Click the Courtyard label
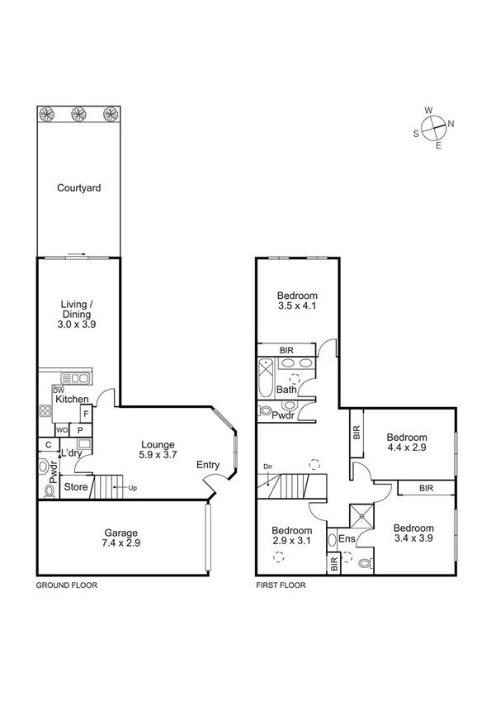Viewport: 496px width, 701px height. (78, 188)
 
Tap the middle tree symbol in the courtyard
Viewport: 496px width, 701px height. (78, 114)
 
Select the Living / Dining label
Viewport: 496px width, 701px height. (77, 315)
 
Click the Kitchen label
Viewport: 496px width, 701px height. (72, 400)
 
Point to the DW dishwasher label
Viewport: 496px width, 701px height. (59, 390)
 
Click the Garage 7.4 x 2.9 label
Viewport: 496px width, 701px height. (120, 538)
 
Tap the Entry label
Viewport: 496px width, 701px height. (208, 465)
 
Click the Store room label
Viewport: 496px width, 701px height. (76, 487)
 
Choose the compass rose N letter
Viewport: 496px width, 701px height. (451, 125)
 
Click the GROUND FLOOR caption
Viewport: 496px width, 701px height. (66, 585)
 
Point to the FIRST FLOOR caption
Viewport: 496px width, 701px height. (281, 585)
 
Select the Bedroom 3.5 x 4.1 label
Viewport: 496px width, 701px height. (297, 301)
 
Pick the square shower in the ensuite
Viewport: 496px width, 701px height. (360, 517)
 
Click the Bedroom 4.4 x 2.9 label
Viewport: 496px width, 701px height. (407, 443)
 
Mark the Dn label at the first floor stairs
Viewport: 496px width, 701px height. (267, 467)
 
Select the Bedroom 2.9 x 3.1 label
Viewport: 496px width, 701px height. (293, 536)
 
